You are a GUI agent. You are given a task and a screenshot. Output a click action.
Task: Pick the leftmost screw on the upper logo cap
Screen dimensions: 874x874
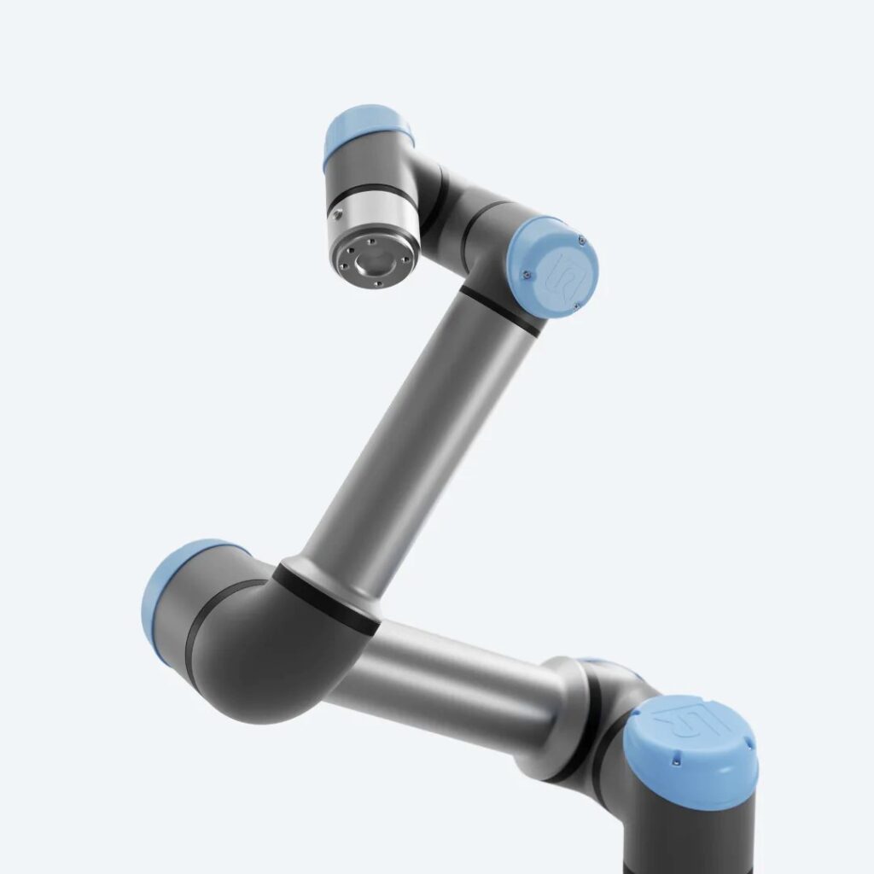click(x=526, y=274)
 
